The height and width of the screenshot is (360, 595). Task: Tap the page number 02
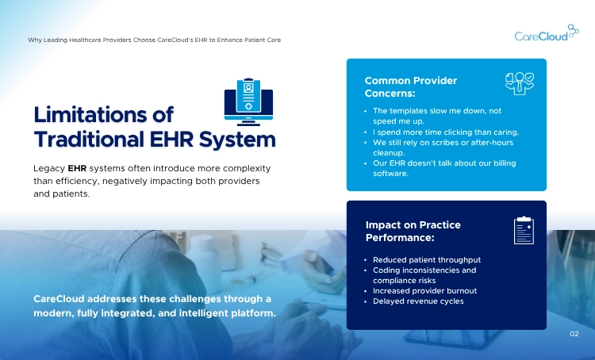(574, 334)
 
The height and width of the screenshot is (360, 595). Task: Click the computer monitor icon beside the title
(248, 101)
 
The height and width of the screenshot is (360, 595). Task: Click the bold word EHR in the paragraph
(77, 169)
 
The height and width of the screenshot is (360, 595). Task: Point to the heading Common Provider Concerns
(410, 86)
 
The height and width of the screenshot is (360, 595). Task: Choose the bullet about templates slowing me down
(436, 116)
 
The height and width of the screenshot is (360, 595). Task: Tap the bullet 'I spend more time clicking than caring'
(445, 132)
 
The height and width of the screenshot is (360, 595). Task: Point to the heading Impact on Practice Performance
(413, 231)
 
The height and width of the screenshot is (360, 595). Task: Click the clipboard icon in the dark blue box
(523, 230)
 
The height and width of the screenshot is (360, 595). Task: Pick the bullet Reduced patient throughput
(427, 260)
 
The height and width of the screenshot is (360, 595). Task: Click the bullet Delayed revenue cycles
(418, 301)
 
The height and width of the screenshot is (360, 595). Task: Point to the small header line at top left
(154, 39)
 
